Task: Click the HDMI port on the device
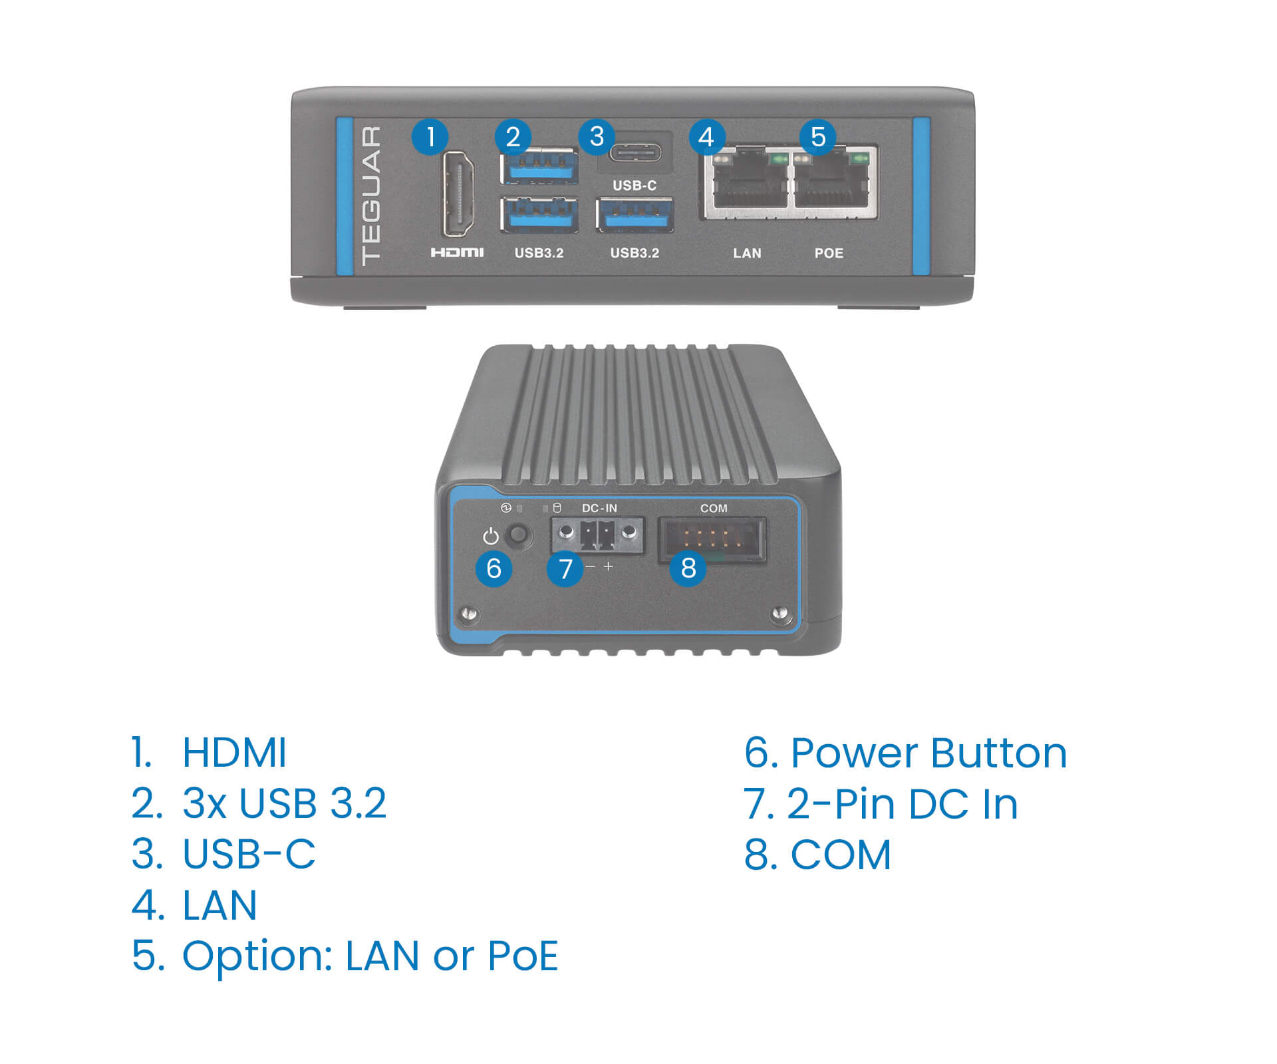point(458,194)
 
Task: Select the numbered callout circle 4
point(706,137)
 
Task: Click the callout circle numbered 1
point(430,137)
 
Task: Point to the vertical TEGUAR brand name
point(371,196)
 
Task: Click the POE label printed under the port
point(829,253)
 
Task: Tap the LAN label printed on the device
point(747,253)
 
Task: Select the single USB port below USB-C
point(635,215)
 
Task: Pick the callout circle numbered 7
point(565,569)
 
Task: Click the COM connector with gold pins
point(712,539)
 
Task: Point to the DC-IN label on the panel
point(599,508)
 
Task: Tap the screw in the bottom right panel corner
point(781,613)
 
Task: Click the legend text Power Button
point(928,753)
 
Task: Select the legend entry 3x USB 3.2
point(284,803)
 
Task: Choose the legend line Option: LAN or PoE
point(370,956)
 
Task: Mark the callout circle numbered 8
point(688,569)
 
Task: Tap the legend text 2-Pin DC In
point(902,804)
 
